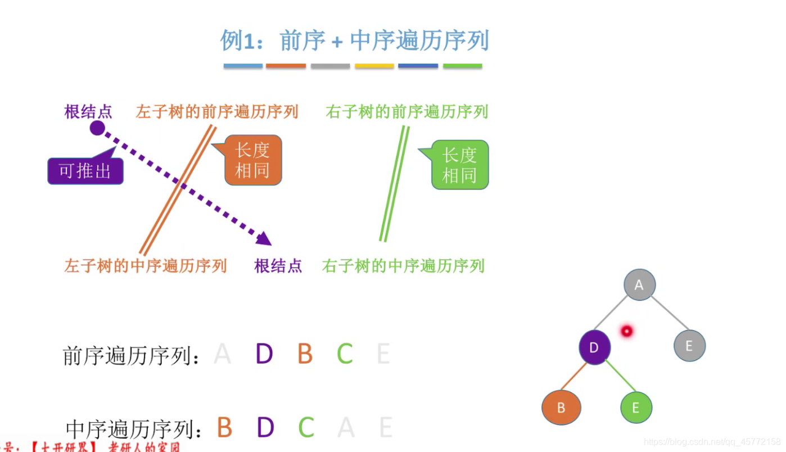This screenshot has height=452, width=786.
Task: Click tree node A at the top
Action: tap(639, 284)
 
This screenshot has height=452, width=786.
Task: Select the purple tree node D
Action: tap(594, 347)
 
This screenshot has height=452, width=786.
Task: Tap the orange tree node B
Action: tap(561, 408)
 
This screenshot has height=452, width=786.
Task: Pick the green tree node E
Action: tap(636, 408)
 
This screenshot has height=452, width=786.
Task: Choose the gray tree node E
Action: tap(689, 345)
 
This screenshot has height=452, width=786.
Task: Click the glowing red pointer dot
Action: tap(626, 331)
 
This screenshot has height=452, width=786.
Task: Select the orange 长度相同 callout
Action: tap(253, 160)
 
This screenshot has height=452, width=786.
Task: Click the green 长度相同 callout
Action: tap(460, 165)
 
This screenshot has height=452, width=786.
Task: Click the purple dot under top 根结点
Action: tap(97, 128)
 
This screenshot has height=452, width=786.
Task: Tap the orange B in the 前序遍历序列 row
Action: tap(305, 354)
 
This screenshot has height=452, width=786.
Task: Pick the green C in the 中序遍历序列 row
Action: tap(306, 428)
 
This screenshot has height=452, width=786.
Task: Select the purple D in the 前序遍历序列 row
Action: tap(264, 354)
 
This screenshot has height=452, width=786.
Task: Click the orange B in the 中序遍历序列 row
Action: tap(224, 428)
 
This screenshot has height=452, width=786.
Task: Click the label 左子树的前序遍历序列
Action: tap(216, 111)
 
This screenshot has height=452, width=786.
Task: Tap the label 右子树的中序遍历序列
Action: tap(403, 265)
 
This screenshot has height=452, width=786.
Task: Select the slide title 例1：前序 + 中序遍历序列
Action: tap(354, 41)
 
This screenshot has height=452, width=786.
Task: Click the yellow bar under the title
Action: tap(374, 66)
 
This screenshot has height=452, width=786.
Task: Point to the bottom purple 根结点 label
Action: tap(278, 265)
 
